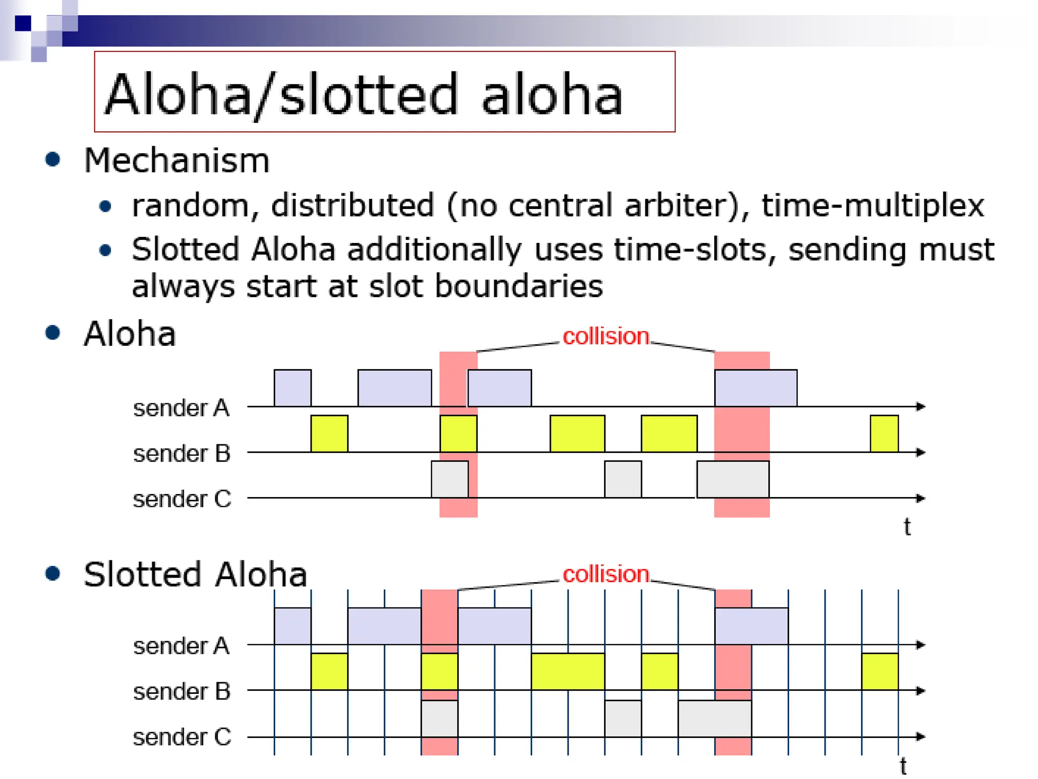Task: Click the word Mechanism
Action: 176,161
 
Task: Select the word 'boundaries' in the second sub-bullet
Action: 519,286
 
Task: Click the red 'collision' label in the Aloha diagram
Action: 606,336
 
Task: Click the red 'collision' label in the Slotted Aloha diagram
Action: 606,574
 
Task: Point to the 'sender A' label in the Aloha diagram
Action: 181,408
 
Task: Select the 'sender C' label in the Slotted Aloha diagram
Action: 181,737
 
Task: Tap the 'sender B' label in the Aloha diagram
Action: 181,453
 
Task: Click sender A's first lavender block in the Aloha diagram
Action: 292,388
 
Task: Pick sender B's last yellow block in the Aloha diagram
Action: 884,434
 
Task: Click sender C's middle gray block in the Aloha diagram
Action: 623,479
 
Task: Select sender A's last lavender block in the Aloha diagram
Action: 756,388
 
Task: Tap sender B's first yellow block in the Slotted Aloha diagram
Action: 329,671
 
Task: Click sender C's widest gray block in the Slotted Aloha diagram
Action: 715,718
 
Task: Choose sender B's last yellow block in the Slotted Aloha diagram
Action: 880,671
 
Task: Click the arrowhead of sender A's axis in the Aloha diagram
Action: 921,407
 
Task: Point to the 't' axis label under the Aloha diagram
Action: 907,527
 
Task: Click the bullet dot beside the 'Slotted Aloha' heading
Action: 53,574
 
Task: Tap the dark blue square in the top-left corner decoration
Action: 23,23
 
